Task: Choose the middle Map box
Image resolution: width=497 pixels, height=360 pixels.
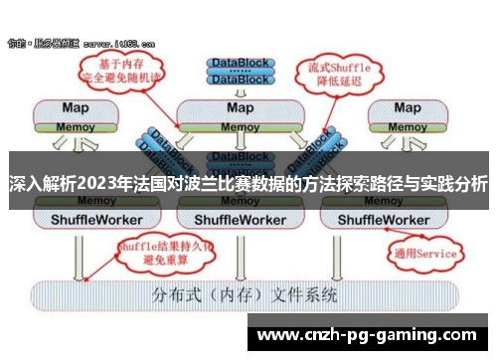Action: click(x=241, y=107)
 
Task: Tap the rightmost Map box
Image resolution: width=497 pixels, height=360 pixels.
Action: click(x=407, y=107)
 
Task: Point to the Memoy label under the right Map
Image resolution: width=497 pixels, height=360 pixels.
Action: click(x=407, y=127)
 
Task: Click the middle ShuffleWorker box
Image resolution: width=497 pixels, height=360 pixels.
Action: click(x=241, y=218)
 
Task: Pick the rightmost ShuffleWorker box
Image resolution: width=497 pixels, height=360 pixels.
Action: click(x=407, y=218)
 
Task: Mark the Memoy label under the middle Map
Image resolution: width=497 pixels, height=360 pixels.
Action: click(x=241, y=127)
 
